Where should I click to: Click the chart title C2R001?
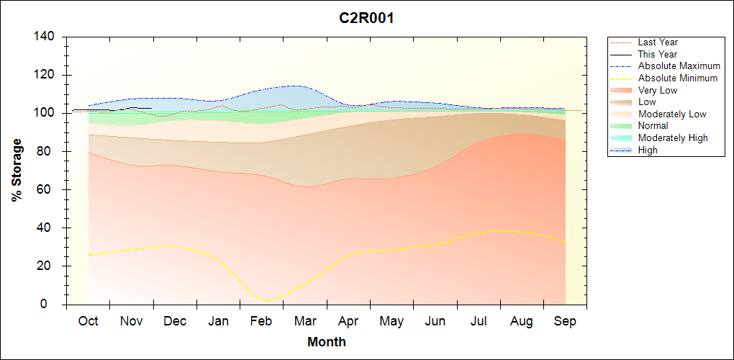click(x=366, y=18)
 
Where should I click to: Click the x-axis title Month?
click(x=326, y=342)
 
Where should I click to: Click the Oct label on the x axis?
click(x=88, y=322)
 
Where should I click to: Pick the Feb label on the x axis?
click(x=261, y=322)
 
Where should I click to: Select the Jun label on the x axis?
click(x=435, y=322)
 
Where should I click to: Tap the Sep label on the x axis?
click(x=565, y=322)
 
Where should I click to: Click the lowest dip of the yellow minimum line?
click(x=268, y=300)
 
